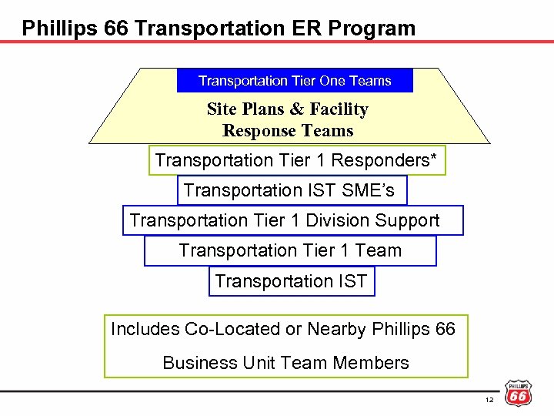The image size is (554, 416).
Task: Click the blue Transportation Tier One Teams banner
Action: pos(295,81)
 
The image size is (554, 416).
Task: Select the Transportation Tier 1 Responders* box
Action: pos(296,160)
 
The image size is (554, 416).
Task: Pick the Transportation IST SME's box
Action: pos(291,190)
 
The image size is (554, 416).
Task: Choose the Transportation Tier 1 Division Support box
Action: pos(292,220)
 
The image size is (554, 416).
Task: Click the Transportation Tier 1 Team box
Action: pos(290,250)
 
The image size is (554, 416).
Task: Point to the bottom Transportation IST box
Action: pos(292,281)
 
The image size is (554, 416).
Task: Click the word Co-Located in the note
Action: pos(232,329)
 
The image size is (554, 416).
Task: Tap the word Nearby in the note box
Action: pos(335,329)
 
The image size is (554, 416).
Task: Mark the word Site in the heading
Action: pos(222,109)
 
